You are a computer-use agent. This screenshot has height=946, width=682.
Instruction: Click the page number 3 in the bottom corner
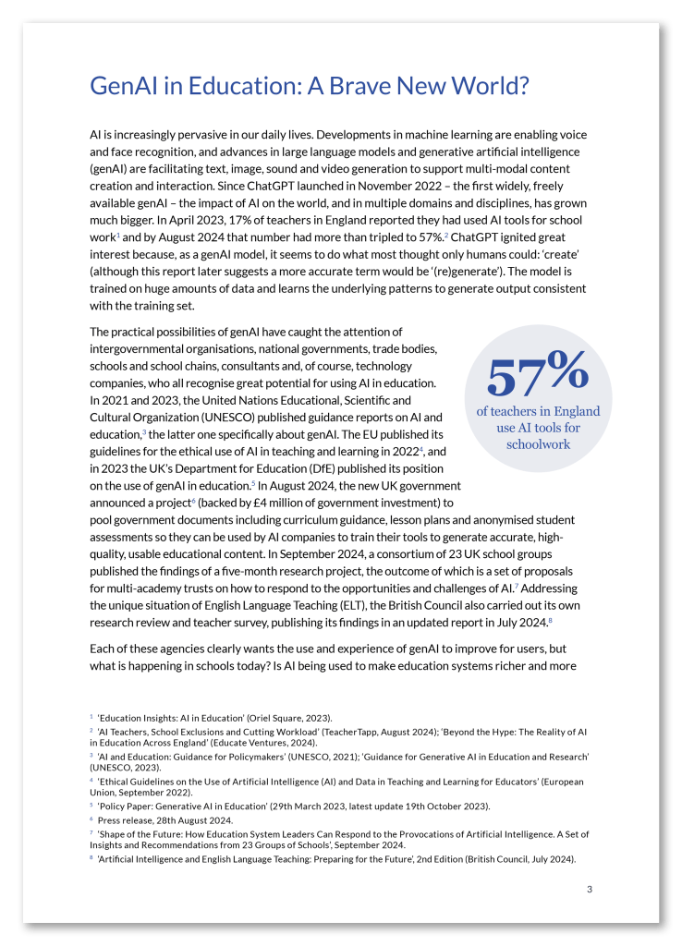(x=590, y=889)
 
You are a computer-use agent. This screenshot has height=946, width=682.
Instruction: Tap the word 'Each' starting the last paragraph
(x=104, y=649)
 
